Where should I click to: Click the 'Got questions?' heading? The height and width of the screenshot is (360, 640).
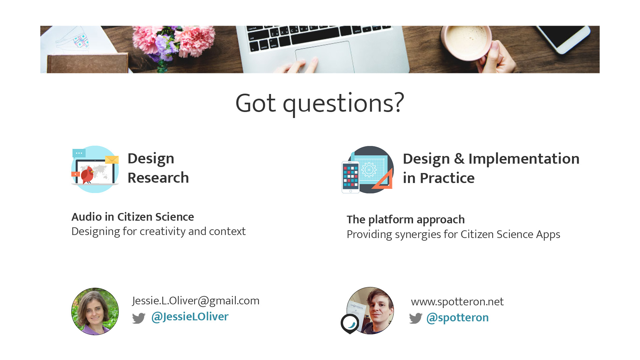(320, 103)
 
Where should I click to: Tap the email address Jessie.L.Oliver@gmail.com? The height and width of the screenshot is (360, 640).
(196, 301)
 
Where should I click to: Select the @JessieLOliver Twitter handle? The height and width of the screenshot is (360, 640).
(190, 317)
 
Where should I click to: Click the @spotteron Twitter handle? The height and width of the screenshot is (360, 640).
(457, 318)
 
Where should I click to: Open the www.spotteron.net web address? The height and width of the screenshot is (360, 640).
(457, 302)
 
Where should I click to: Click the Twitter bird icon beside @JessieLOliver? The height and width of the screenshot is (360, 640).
(139, 318)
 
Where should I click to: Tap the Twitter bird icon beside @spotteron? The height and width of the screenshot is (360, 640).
(416, 318)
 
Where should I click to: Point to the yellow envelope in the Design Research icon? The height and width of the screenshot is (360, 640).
(112, 160)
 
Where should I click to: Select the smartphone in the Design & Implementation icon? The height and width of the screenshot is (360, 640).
(351, 177)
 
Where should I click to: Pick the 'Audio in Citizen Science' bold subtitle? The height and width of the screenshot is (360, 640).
(133, 217)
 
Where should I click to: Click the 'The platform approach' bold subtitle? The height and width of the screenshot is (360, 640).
(406, 220)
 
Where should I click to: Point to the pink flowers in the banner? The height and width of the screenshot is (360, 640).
(173, 40)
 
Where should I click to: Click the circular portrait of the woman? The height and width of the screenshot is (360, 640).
(95, 311)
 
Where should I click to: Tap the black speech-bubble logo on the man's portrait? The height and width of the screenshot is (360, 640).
(350, 324)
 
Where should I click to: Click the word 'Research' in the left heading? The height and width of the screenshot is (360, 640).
(158, 178)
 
